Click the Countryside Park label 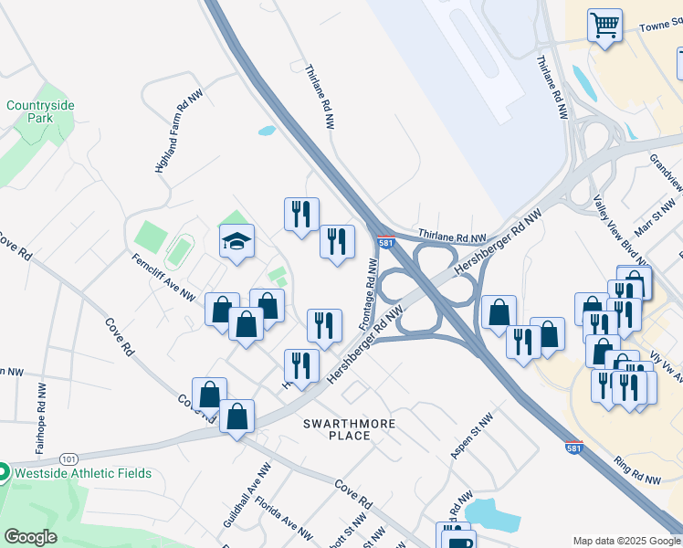(x=40, y=111)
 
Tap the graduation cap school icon (x=236, y=242)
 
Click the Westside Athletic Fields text (x=81, y=474)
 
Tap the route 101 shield (x=68, y=458)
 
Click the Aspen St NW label (x=471, y=436)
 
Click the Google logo (x=31, y=537)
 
